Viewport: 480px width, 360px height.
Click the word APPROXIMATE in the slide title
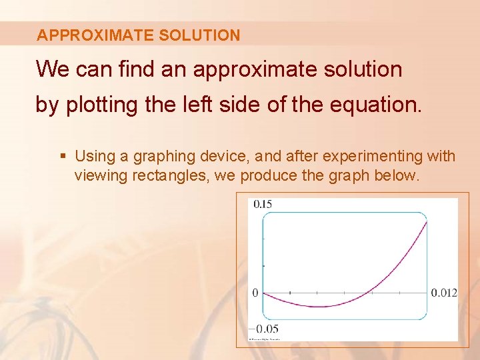coord(95,35)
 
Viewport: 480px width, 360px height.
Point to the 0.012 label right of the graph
coord(444,293)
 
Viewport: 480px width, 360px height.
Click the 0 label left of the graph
coord(255,293)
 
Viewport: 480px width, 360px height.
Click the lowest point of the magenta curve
coord(321,307)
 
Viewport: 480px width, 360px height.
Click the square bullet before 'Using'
coord(63,157)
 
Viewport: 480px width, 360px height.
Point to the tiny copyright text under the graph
coord(265,339)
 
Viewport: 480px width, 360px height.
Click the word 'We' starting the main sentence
coord(51,69)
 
